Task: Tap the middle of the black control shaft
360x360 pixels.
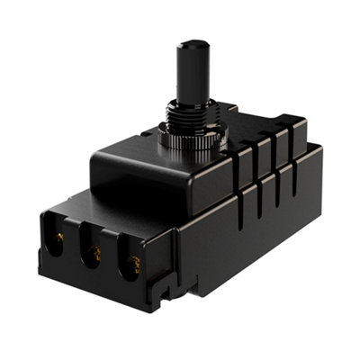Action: click(x=190, y=76)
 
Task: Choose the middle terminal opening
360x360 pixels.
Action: click(x=94, y=251)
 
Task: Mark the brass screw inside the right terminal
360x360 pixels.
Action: click(x=136, y=265)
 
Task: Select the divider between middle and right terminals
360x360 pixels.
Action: click(x=115, y=257)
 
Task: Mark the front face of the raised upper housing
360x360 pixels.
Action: click(x=144, y=180)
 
